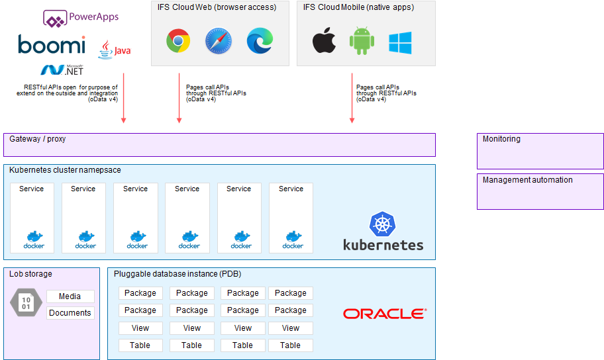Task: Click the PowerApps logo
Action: (x=81, y=18)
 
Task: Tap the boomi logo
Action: (x=52, y=45)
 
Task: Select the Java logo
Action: (x=114, y=50)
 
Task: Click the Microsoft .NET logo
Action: (x=62, y=69)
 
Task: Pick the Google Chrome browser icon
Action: (x=178, y=41)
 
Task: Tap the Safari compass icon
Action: (x=219, y=41)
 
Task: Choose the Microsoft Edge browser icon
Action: (x=260, y=41)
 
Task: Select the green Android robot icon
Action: (x=362, y=42)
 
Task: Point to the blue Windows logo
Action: (x=400, y=43)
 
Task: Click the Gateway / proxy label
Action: (x=38, y=139)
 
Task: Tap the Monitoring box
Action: (x=540, y=151)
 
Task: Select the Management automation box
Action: (x=540, y=191)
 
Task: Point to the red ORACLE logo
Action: (x=384, y=314)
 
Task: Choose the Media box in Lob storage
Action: (x=70, y=296)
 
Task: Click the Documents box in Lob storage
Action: (x=70, y=313)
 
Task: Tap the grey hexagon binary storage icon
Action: (x=26, y=303)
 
